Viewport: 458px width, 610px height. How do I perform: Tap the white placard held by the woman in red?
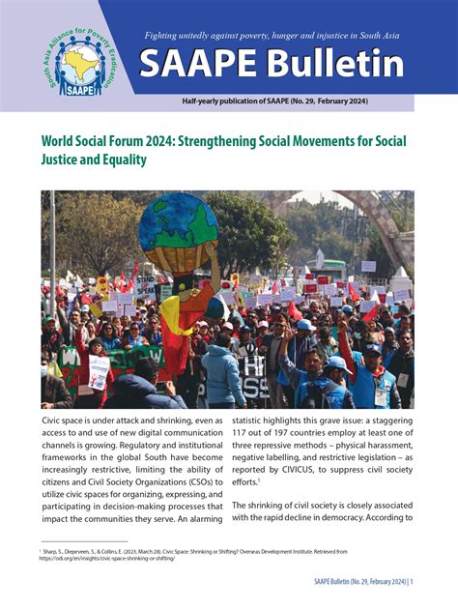tap(99, 372)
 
